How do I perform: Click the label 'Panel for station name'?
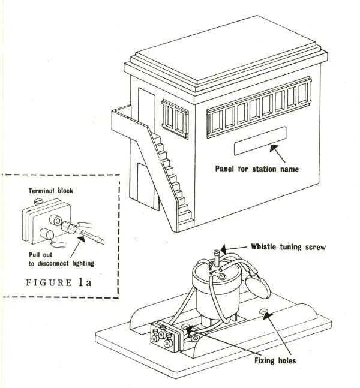[257, 169]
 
